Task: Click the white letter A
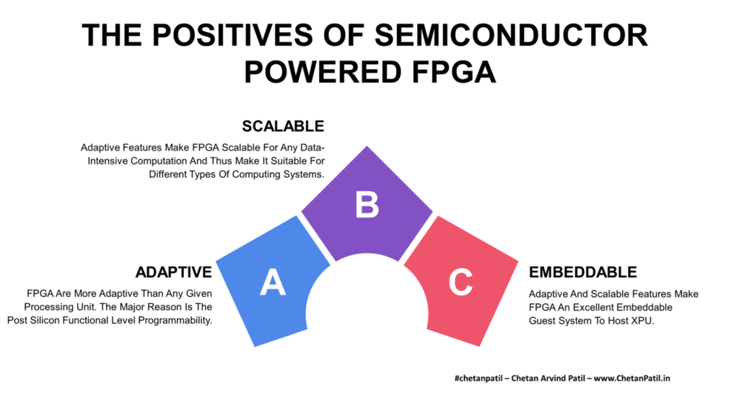pyautogui.click(x=273, y=282)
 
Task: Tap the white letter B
pyautogui.click(x=367, y=205)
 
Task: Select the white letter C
pyautogui.click(x=460, y=282)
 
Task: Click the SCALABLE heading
pyautogui.click(x=283, y=126)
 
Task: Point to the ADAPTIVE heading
pyautogui.click(x=173, y=272)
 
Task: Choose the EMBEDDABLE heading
pyautogui.click(x=582, y=272)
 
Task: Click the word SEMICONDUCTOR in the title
pyautogui.click(x=511, y=35)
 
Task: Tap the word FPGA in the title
pyautogui.click(x=454, y=72)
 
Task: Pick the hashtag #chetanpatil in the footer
pyautogui.click(x=478, y=378)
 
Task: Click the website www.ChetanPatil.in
pyautogui.click(x=631, y=378)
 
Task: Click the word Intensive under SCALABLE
pyautogui.click(x=108, y=161)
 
